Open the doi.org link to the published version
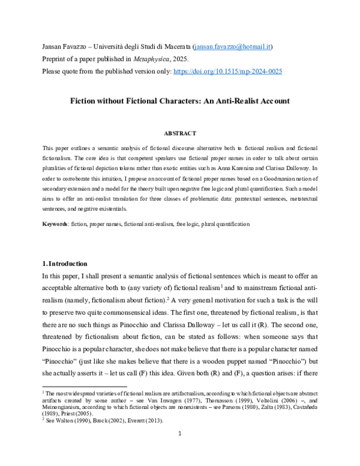[x=227, y=71]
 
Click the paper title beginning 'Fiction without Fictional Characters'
[x=180, y=102]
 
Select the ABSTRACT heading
[x=180, y=132]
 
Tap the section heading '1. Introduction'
[x=65, y=264]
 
